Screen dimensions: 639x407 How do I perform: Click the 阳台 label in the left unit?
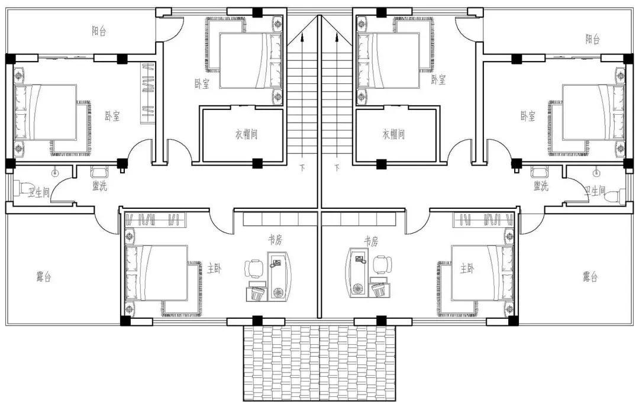pyautogui.click(x=99, y=31)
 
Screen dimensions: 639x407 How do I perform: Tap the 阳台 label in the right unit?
pyautogui.click(x=592, y=39)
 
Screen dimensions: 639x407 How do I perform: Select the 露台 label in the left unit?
pyautogui.click(x=44, y=277)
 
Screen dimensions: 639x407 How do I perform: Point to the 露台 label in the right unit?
pyautogui.click(x=590, y=277)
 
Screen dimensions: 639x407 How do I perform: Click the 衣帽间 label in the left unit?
pyautogui.click(x=246, y=134)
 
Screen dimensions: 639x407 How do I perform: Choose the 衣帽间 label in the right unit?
pyautogui.click(x=393, y=134)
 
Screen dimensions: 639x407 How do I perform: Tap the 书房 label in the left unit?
pyautogui.click(x=275, y=240)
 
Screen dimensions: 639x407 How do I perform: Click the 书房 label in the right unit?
pyautogui.click(x=371, y=241)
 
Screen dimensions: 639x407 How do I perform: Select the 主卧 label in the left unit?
pyautogui.click(x=214, y=269)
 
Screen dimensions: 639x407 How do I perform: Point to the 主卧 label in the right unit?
pyautogui.click(x=467, y=269)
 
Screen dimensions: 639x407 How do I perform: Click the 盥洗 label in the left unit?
pyautogui.click(x=99, y=186)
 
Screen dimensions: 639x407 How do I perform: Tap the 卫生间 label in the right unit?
pyautogui.click(x=595, y=190)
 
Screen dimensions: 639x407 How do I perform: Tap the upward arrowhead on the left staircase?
pyautogui.click(x=302, y=38)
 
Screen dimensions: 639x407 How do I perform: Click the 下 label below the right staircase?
pyautogui.click(x=337, y=167)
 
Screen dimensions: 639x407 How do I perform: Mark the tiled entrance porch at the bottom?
pyautogui.click(x=319, y=363)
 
